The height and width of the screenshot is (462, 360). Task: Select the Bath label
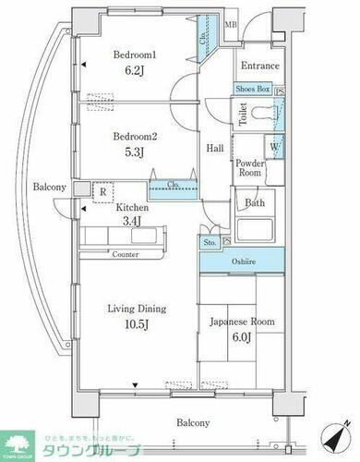[x=253, y=202]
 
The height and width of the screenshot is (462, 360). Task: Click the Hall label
[x=214, y=148]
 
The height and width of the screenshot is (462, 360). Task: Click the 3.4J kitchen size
[x=138, y=222]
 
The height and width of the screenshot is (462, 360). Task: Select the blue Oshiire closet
[x=243, y=261]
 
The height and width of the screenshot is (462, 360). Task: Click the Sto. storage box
[x=209, y=243]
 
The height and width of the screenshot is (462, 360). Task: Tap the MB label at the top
[x=232, y=25]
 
